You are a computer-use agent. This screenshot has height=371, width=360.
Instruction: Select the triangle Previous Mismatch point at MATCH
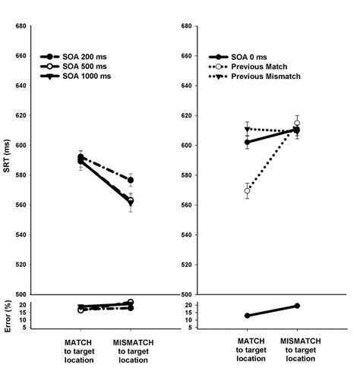248,129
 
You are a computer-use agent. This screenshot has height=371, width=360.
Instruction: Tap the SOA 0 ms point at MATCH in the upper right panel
248,142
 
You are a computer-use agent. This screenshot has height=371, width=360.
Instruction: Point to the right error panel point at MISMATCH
297,306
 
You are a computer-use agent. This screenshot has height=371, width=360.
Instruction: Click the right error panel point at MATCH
248,316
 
